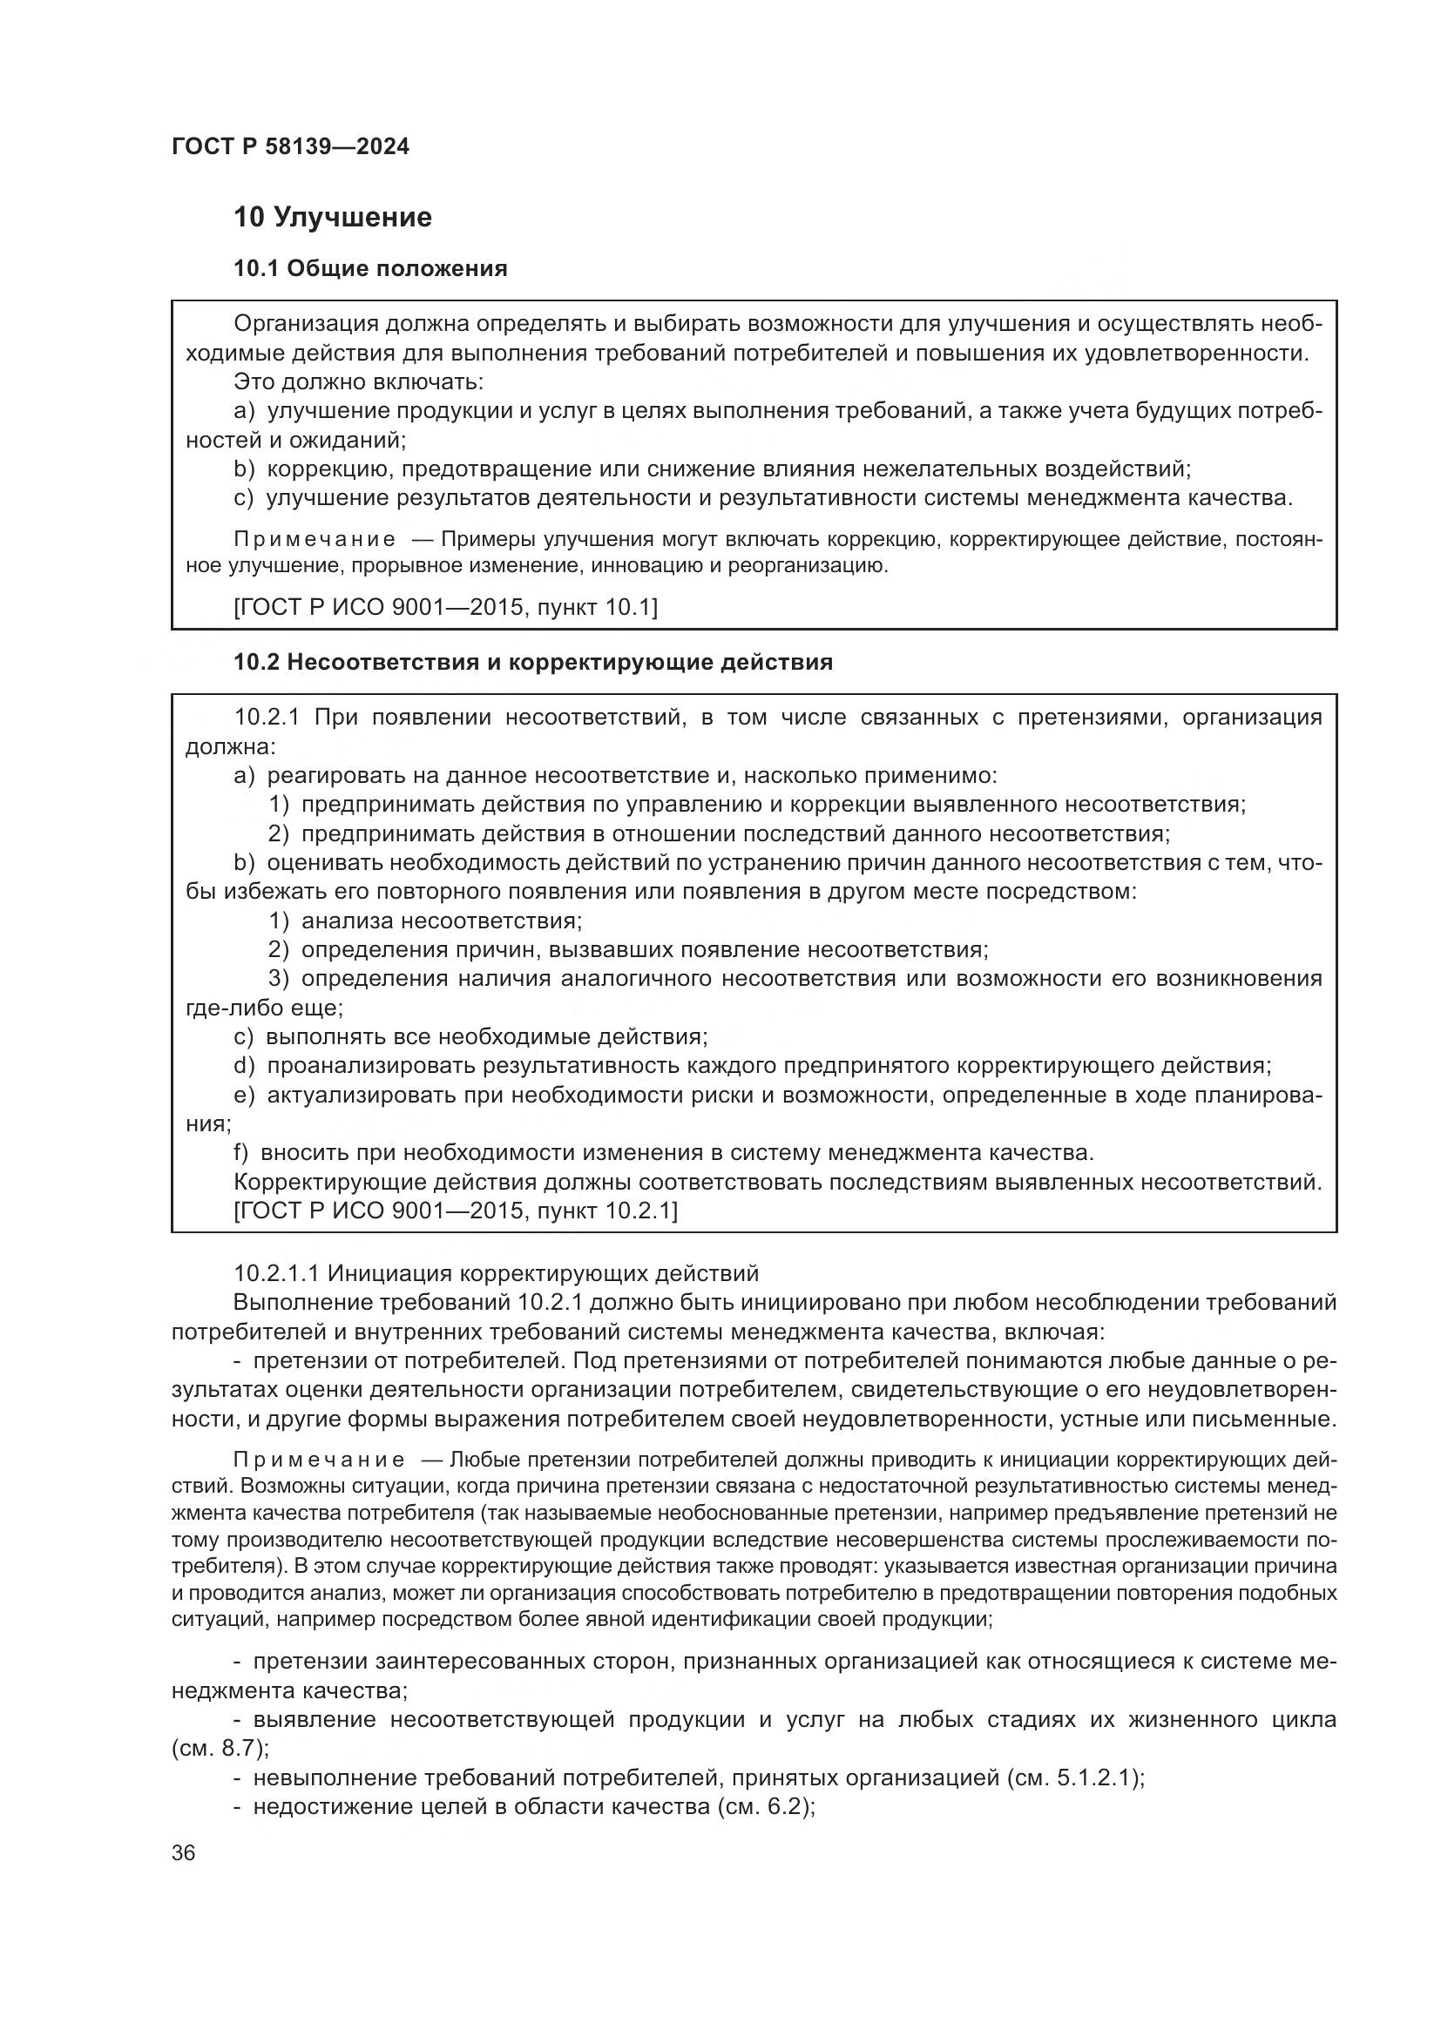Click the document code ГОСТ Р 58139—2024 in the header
pos(290,147)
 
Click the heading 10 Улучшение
pos(332,218)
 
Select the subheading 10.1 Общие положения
pos(370,269)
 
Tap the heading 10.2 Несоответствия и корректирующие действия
pos(532,662)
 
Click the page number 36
pos(184,1853)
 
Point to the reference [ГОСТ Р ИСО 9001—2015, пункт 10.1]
pos(445,607)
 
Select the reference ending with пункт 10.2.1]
pos(455,1211)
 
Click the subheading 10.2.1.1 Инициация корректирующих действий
pos(496,1273)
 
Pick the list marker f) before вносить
pos(240,1153)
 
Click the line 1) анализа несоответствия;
pos(426,921)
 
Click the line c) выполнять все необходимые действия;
pos(470,1037)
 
